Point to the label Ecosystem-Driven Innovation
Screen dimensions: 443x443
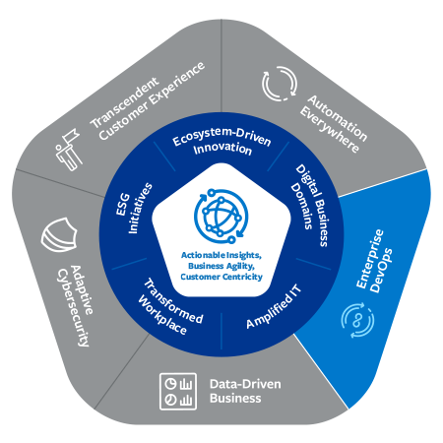[x=221, y=142]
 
